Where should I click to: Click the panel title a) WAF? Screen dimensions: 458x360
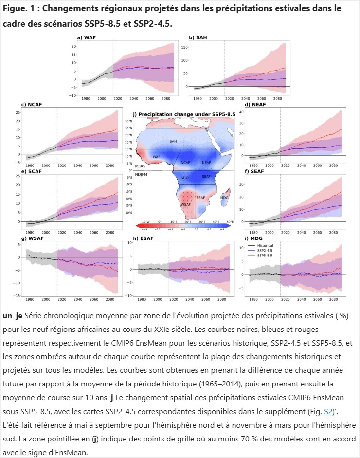pyautogui.click(x=86, y=37)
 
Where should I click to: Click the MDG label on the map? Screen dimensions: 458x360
pyautogui.click(x=225, y=198)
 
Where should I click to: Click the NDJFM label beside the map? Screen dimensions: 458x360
pyautogui.click(x=142, y=174)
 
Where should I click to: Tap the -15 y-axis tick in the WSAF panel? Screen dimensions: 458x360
pyautogui.click(x=17, y=296)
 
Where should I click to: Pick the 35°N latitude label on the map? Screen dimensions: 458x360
pyautogui.click(x=143, y=121)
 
